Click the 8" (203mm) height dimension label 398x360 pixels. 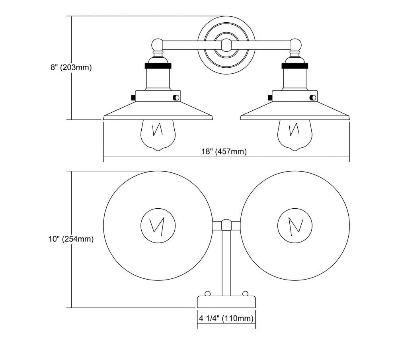click(x=71, y=67)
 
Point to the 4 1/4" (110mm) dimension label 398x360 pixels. click(x=226, y=318)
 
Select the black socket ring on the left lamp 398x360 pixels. click(x=158, y=65)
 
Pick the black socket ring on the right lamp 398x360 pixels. click(x=295, y=65)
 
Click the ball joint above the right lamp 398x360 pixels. click(x=295, y=44)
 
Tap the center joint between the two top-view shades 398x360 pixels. click(x=226, y=225)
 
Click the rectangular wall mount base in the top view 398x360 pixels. click(x=226, y=302)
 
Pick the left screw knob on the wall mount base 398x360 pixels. click(x=207, y=294)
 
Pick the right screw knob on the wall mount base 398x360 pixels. click(x=245, y=294)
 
